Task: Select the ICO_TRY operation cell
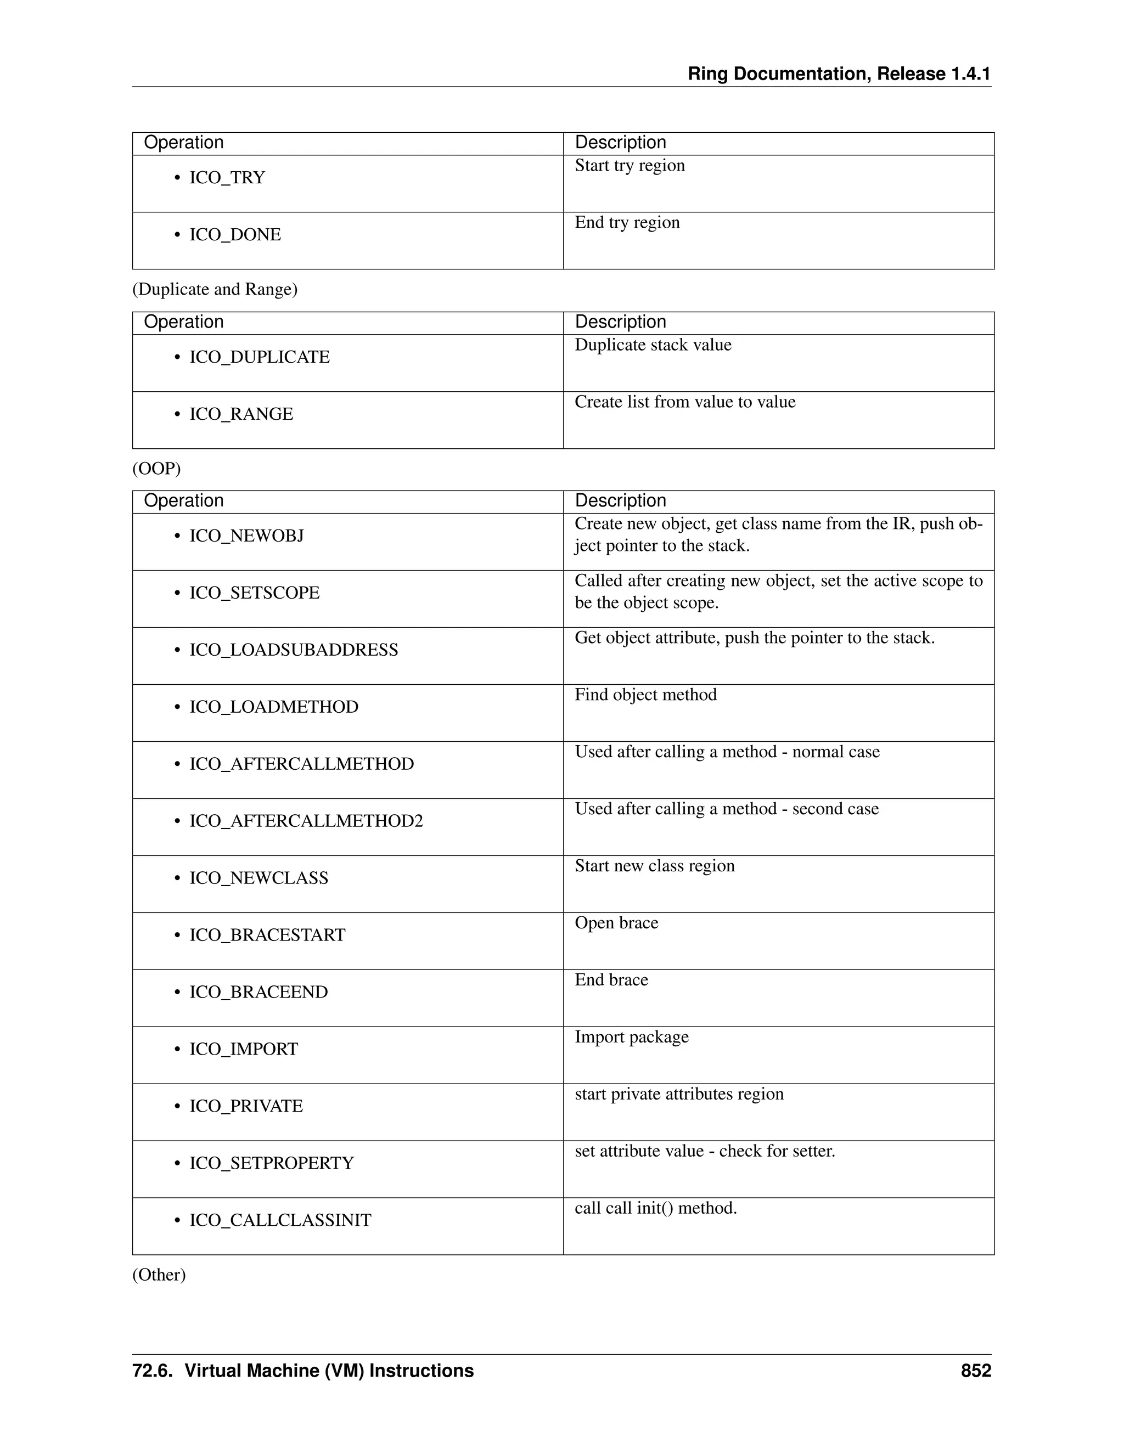(227, 178)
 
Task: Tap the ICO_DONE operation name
(235, 235)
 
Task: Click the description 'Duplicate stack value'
(653, 345)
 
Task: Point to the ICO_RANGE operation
(241, 414)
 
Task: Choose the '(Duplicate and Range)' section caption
(215, 290)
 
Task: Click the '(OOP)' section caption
(156, 469)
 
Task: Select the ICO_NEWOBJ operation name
(246, 536)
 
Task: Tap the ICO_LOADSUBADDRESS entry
(294, 650)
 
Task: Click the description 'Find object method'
(645, 695)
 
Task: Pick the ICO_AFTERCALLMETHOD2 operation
(306, 821)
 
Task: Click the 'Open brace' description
(616, 923)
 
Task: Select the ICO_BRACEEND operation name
(258, 992)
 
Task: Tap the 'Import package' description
(631, 1037)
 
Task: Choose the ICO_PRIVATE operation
(246, 1106)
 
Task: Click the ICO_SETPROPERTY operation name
(271, 1163)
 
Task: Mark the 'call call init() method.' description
(655, 1208)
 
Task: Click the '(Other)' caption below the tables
(159, 1275)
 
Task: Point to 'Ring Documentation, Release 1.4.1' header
(839, 74)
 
